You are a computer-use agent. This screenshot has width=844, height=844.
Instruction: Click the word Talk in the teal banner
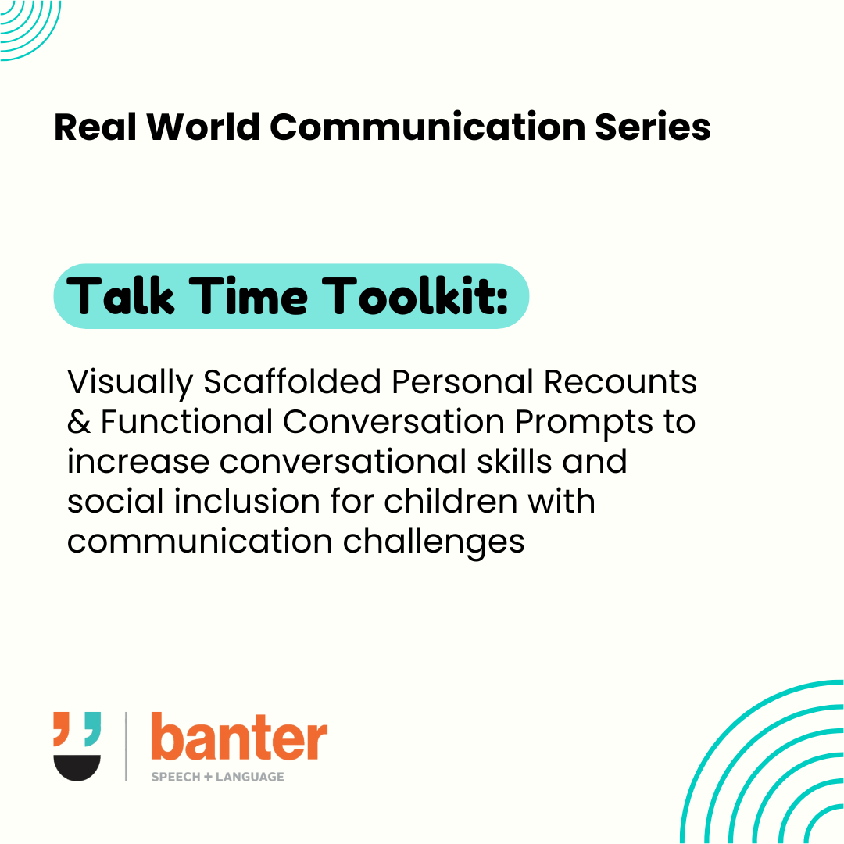coord(123,296)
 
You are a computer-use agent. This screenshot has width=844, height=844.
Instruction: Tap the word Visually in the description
coord(130,383)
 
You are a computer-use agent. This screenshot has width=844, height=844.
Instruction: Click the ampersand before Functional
coord(78,423)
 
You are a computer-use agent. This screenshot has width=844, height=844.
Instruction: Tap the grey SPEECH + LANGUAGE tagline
coord(217,777)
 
